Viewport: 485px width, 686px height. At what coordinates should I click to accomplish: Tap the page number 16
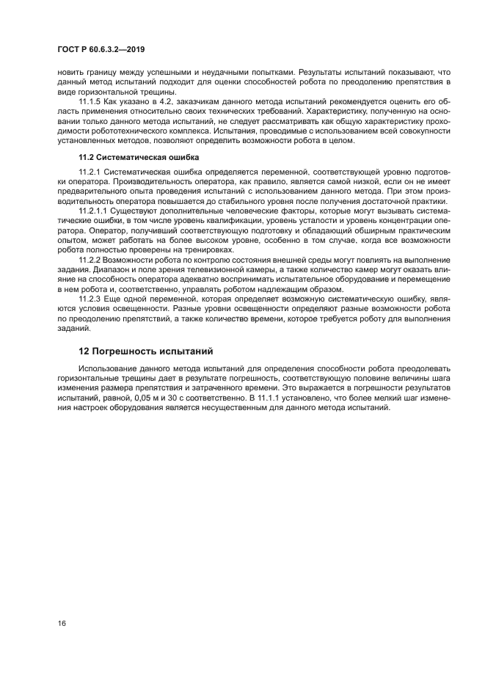point(62,623)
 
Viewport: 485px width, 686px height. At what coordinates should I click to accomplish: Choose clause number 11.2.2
point(90,260)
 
